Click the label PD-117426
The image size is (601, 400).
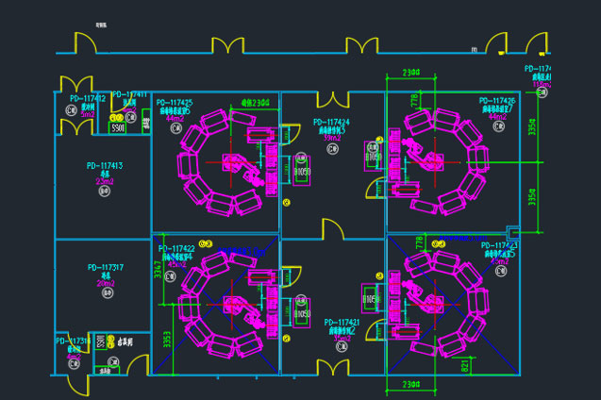coord(497,100)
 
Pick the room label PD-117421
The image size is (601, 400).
coord(342,322)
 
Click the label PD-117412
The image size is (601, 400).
coord(88,98)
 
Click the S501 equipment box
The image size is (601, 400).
coord(118,126)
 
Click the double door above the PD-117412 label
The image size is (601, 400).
coord(75,83)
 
